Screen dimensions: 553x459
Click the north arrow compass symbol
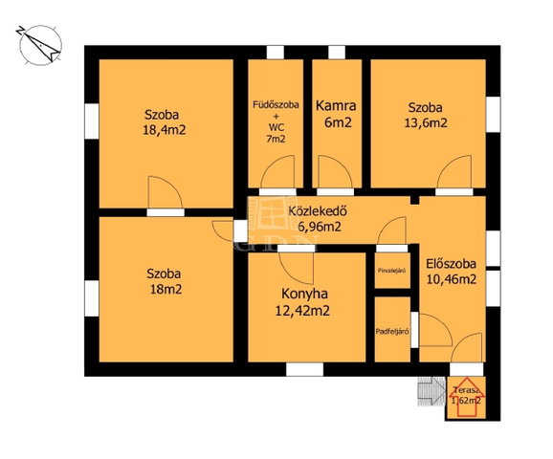pos(39,46)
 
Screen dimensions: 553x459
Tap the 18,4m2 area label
pos(164,130)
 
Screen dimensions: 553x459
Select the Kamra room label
pos(336,106)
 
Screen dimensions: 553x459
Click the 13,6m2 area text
pos(426,122)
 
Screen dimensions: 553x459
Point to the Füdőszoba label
pos(276,104)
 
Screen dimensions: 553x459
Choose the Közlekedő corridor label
pos(318,211)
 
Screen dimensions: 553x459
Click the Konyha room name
pos(304,294)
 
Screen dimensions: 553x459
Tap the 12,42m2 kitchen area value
pos(302,311)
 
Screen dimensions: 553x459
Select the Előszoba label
pos(451,264)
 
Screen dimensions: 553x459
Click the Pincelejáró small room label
pos(391,271)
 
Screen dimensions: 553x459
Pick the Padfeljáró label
pos(392,332)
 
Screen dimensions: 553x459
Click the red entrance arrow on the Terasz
pos(466,397)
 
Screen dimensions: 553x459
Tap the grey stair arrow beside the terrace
pos(431,391)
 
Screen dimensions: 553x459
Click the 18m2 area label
pos(166,290)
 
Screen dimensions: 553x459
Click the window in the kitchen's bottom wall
pos(304,370)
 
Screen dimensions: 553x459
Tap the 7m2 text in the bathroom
pos(276,139)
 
